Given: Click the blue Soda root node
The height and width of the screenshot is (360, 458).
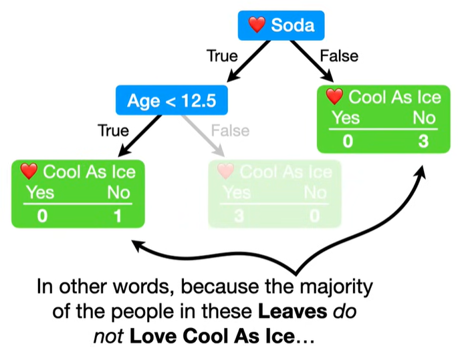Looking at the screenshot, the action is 281,26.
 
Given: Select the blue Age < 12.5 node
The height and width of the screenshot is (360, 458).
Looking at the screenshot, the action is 171,100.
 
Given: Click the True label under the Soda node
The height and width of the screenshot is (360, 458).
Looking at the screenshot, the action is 222,56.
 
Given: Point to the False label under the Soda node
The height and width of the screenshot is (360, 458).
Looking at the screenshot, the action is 339,56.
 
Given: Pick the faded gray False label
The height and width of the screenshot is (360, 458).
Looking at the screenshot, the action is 229,130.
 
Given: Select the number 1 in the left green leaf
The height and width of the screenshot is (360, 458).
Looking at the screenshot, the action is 118,216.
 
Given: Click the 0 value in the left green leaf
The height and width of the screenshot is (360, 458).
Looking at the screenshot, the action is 41,216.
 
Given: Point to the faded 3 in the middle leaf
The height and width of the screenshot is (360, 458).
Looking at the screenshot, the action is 239,216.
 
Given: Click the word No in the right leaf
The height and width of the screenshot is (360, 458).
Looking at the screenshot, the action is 423,119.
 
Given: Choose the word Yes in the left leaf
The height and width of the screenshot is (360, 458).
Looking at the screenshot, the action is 39,194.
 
